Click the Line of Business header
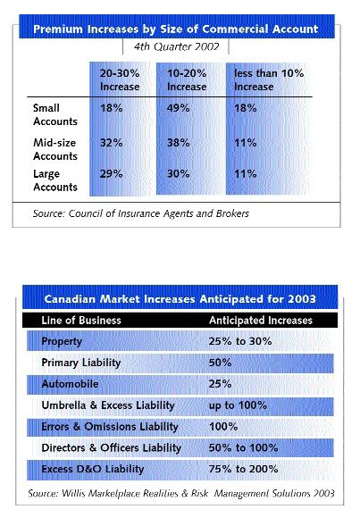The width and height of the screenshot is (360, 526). pos(83,320)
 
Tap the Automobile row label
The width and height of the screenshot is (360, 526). pos(74,383)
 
